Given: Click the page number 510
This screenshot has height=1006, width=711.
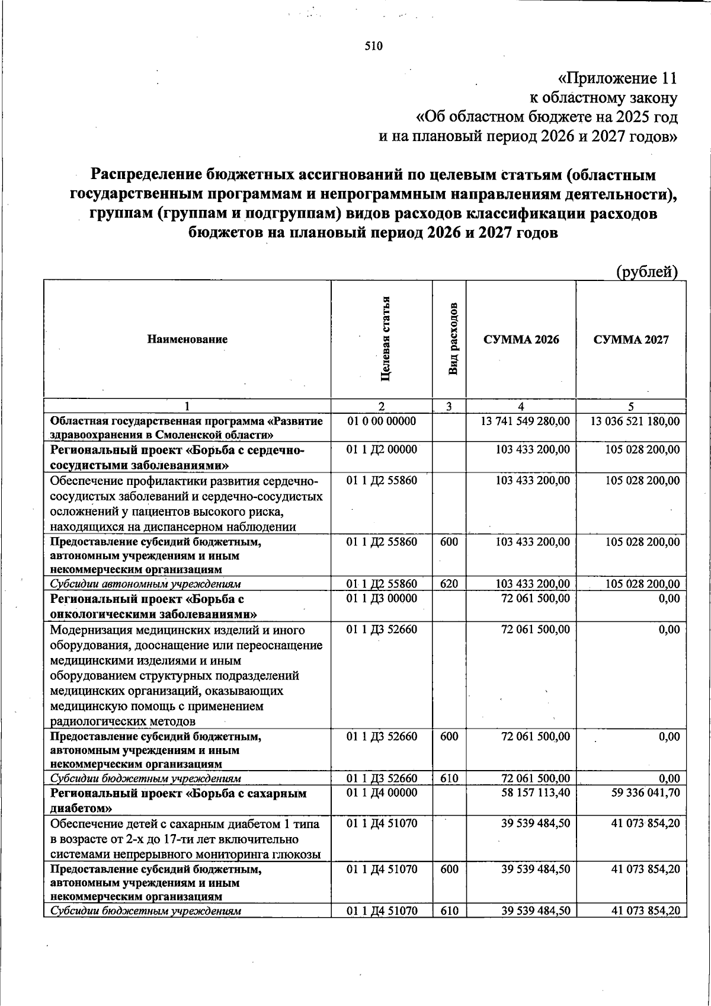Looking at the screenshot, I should click(x=373, y=46).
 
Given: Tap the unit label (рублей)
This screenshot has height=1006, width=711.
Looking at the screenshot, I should click(x=646, y=272).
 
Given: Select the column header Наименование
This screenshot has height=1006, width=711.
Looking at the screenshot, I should click(x=187, y=340).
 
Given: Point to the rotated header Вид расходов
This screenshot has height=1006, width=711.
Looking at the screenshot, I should click(x=453, y=338).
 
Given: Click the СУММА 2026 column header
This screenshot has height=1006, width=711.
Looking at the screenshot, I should click(x=521, y=340).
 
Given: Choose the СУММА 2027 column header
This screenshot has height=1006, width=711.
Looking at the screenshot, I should click(x=631, y=340).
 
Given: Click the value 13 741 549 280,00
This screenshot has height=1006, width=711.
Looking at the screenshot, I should click(x=525, y=421).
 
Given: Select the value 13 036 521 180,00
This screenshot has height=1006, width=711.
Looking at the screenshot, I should click(x=635, y=421).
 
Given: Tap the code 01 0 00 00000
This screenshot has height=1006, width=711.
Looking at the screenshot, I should click(x=382, y=421).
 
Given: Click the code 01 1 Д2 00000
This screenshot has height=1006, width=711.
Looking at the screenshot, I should click(x=382, y=450).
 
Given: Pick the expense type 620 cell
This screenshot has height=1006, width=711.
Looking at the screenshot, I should click(x=449, y=584).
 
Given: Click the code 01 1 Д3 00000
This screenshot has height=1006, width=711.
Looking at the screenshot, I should click(x=382, y=599).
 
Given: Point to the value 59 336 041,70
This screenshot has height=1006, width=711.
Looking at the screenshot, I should click(x=645, y=793).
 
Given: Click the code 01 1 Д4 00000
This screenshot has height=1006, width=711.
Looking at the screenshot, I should click(x=382, y=793).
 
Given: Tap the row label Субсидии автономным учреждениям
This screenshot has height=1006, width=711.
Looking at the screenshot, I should click(x=145, y=584).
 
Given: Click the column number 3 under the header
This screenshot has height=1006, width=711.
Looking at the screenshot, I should click(x=449, y=407).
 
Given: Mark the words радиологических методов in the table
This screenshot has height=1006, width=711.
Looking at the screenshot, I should click(x=123, y=721).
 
